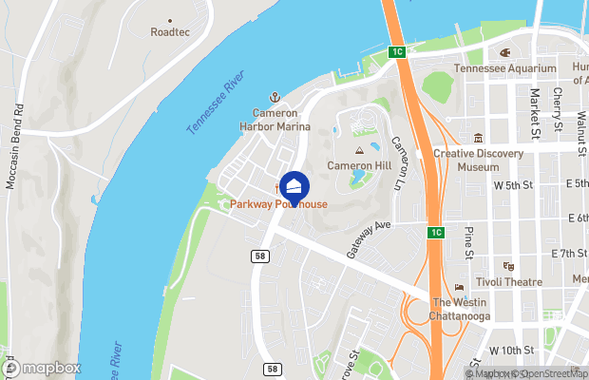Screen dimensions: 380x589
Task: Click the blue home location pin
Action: (x=294, y=188)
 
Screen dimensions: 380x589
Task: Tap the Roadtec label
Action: (x=169, y=31)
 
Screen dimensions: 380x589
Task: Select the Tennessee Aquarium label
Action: (x=504, y=68)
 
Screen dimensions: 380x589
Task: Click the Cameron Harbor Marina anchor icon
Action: (x=275, y=96)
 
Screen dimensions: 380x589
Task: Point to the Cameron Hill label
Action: (x=359, y=164)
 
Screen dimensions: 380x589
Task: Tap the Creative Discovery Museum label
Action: (x=479, y=160)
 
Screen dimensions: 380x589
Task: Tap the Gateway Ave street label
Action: (x=369, y=238)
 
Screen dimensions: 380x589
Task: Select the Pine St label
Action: (x=467, y=242)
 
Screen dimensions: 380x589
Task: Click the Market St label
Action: (x=535, y=110)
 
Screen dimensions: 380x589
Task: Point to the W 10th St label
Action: (x=512, y=351)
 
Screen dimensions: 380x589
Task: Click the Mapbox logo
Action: (x=43, y=367)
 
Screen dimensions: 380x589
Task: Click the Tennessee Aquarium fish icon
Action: (x=504, y=52)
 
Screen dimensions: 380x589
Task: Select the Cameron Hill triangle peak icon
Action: (x=359, y=150)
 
